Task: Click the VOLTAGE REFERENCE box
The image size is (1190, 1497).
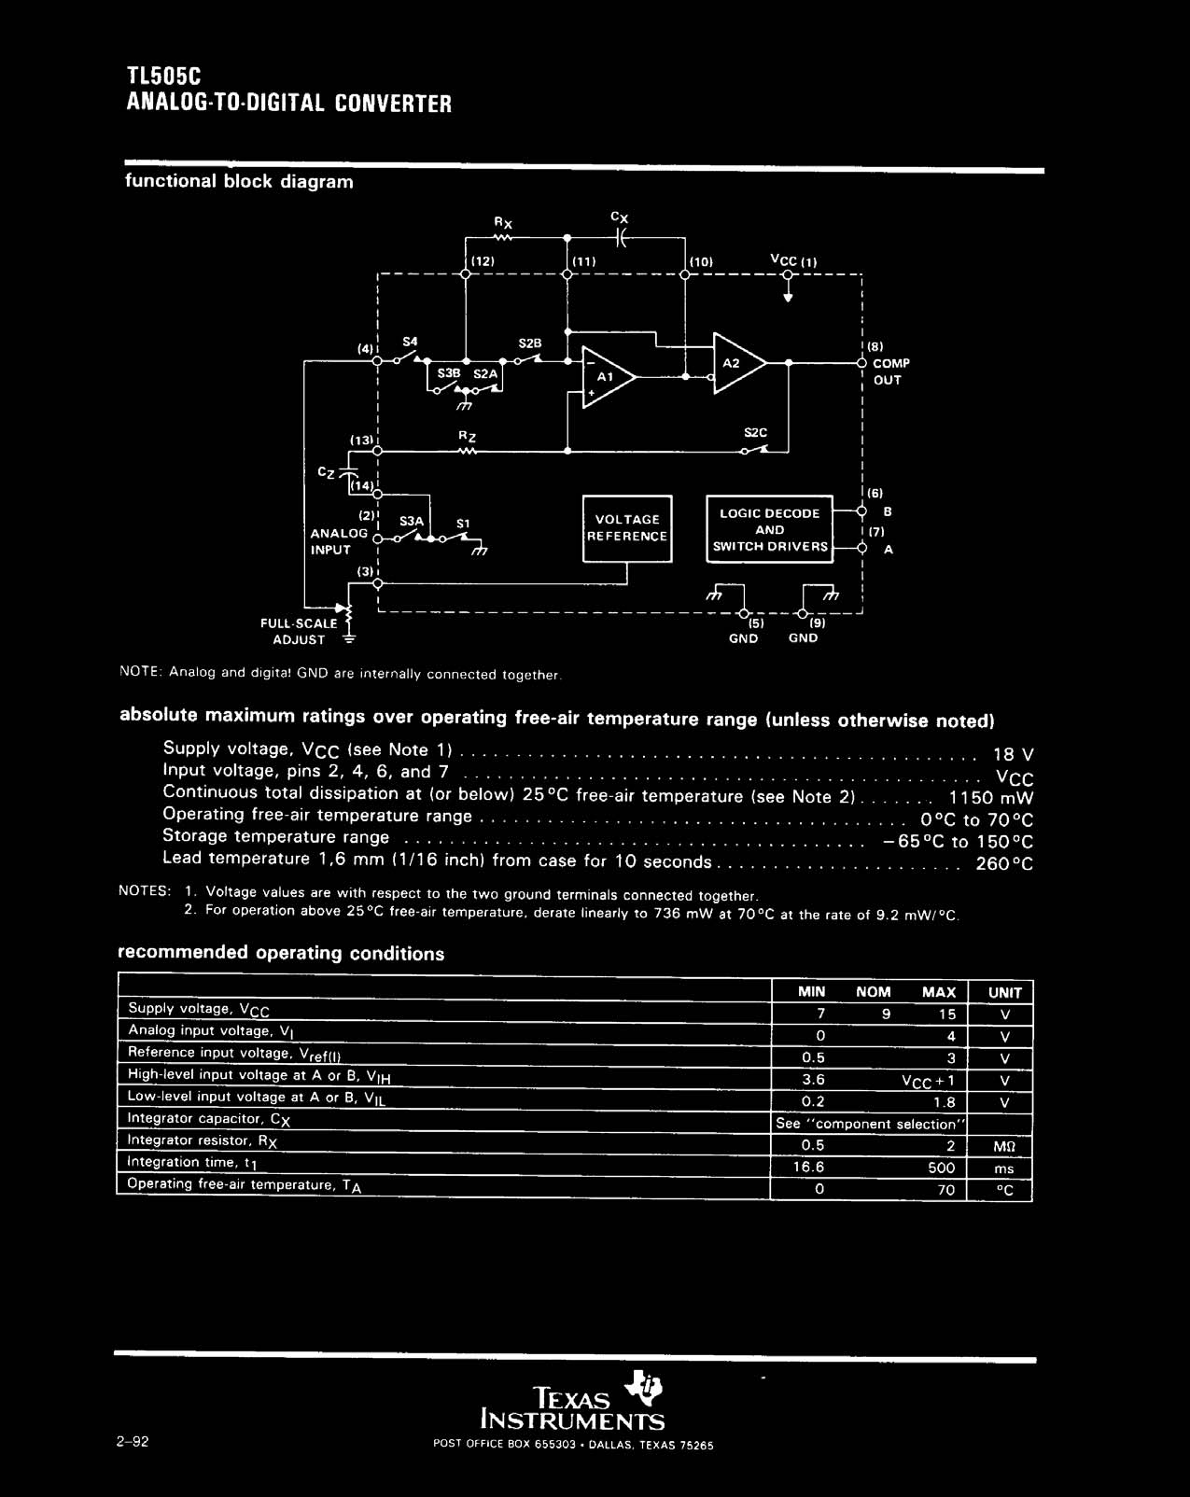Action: coord(627,528)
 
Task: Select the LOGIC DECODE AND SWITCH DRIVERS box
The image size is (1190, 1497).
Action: coord(769,529)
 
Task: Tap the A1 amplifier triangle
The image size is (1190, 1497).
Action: coord(608,377)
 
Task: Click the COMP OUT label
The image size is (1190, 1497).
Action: coord(889,371)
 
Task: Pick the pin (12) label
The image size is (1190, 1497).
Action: coord(482,262)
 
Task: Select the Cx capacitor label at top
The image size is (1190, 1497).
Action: coord(620,217)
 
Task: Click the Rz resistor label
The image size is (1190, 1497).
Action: coord(468,435)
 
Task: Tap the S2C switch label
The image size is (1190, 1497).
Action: coord(755,433)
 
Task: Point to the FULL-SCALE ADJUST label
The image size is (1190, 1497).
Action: coord(300,631)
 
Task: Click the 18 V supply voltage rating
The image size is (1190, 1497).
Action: coord(1013,754)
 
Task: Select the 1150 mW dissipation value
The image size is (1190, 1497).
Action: coord(991,798)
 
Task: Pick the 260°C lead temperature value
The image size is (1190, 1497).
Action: coord(1004,863)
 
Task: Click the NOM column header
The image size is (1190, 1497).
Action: coord(873,992)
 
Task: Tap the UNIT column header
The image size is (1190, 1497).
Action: coord(1004,992)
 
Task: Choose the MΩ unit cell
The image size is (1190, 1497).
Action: coord(1004,1146)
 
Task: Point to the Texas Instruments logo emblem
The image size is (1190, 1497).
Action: coord(646,1387)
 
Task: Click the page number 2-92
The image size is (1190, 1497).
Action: coord(133,1441)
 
